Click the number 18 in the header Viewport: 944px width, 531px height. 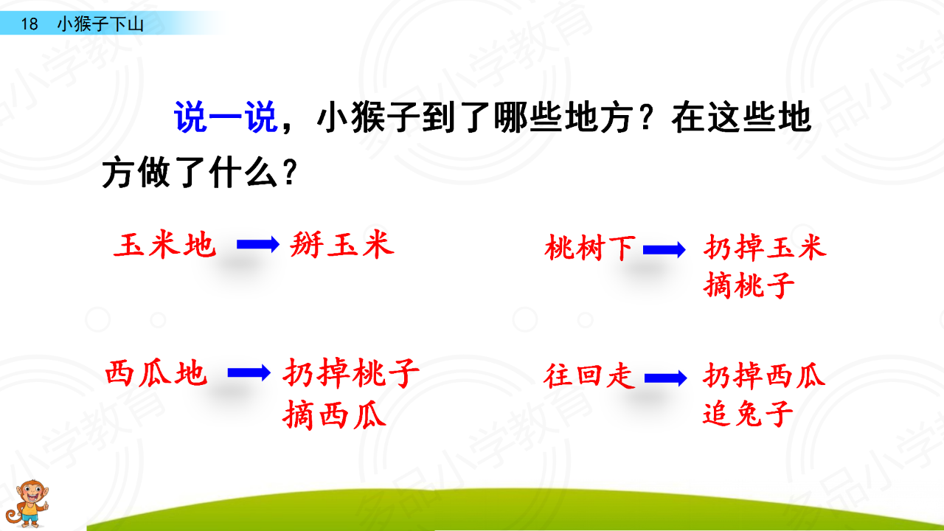tap(29, 24)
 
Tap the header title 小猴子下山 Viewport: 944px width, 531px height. tap(100, 24)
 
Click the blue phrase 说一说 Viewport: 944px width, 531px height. tap(226, 117)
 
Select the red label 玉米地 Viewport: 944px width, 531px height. tap(164, 244)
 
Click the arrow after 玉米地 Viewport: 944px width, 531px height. tap(258, 244)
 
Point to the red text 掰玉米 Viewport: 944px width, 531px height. tap(341, 244)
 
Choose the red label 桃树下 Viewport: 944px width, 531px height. tap(590, 248)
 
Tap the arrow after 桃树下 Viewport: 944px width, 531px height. tap(664, 250)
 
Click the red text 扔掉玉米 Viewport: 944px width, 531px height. tap(765, 247)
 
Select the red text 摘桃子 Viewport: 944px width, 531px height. tap(749, 285)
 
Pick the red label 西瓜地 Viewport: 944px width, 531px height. tap(156, 373)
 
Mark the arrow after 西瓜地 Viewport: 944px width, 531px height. tap(249, 372)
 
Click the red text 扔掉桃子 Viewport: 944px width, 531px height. tap(351, 373)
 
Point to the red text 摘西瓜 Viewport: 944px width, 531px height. tap(335, 415)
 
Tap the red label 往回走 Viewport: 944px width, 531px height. tap(589, 376)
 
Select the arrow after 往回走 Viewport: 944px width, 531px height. tap(666, 378)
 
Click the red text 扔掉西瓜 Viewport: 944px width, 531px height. tap(764, 375)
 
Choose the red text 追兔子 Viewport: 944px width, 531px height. tap(748, 414)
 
